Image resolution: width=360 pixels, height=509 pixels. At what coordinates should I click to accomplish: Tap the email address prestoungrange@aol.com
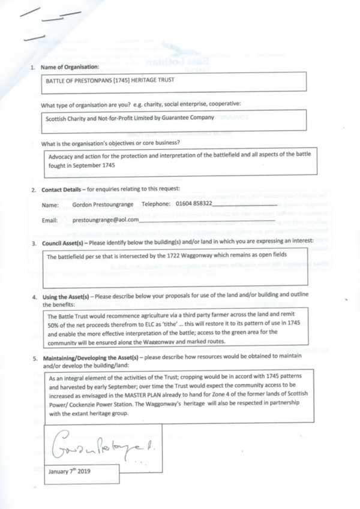coord(105,220)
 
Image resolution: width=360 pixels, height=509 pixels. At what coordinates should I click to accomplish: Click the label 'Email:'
coord(50,220)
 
